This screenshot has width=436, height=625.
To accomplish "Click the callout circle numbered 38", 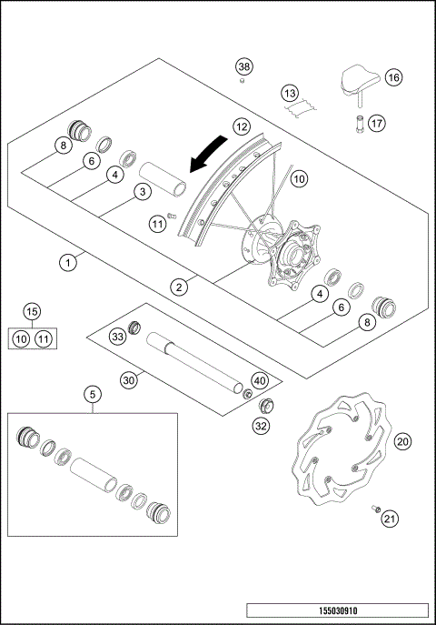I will click(243, 66).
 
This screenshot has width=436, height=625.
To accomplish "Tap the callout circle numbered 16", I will click(393, 78).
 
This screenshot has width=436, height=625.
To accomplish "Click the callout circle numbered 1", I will click(66, 262).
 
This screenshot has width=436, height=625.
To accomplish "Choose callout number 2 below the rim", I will click(180, 287).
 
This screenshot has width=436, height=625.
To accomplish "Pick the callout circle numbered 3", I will click(141, 191).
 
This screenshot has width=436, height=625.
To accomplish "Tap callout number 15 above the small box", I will click(32, 312).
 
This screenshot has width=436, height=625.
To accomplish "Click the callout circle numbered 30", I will click(128, 380).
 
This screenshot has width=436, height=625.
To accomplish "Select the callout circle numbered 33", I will click(116, 337).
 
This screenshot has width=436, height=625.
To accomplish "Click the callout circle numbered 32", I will click(260, 424).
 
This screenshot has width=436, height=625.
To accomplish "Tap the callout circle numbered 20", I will click(404, 440).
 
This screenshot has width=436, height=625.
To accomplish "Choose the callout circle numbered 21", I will click(390, 519).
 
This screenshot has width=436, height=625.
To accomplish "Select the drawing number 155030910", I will click(336, 610).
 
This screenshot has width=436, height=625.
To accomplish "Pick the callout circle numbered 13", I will click(289, 94).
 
